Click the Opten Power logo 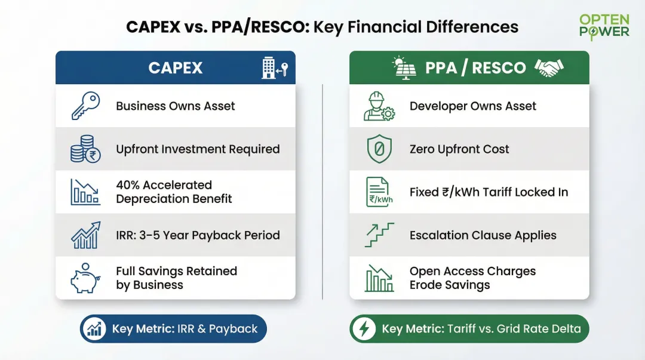click(x=604, y=26)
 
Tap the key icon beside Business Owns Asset click(x=85, y=106)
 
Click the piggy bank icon click(x=85, y=278)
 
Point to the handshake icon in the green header click(x=549, y=67)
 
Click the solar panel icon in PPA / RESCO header click(x=404, y=67)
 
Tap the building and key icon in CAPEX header click(x=274, y=68)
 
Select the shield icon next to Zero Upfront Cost click(x=379, y=149)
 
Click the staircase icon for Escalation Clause click(x=379, y=235)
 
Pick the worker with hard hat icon click(x=379, y=106)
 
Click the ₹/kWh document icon click(x=379, y=192)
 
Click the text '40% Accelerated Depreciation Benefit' click(x=174, y=192)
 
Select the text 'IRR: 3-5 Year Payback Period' click(x=198, y=235)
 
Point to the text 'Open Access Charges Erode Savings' click(x=472, y=278)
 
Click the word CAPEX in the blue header click(x=175, y=67)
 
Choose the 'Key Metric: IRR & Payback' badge click(x=173, y=329)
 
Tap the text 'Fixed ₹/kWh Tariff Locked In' click(x=489, y=192)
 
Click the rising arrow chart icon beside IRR click(x=85, y=235)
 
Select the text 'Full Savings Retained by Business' click(x=176, y=278)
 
